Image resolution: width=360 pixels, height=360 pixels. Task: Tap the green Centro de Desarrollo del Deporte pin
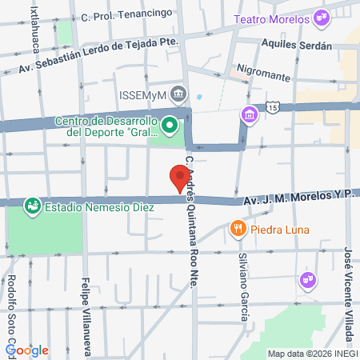[169, 126]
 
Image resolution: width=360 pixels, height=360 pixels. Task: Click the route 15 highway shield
[273, 106]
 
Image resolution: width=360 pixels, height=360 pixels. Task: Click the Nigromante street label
[261, 74]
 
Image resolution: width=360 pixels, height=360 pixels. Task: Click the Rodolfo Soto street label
[13, 308]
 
